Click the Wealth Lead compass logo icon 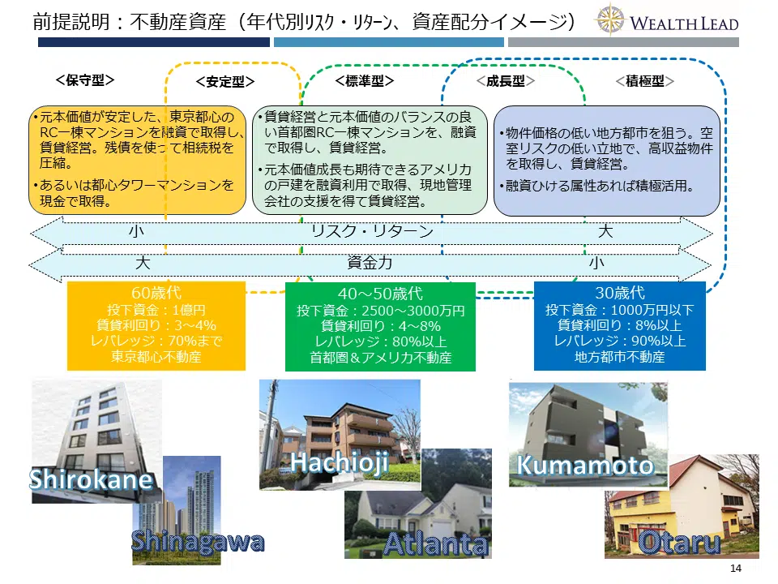click(609, 19)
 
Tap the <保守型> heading click(85, 80)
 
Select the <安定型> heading click(225, 81)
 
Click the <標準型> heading click(365, 80)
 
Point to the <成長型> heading click(505, 81)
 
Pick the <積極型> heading click(644, 81)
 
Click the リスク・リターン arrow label click(372, 231)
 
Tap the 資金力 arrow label click(370, 262)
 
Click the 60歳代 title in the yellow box click(156, 293)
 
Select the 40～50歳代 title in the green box click(380, 294)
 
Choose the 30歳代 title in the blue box click(620, 293)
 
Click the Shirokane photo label click(91, 479)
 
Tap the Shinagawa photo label click(198, 542)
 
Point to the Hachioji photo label click(340, 463)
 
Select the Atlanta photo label click(436, 544)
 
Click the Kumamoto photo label click(585, 466)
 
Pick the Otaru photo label click(679, 543)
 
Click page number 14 click(736, 568)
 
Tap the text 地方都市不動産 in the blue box click(620, 357)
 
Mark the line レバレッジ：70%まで click(156, 341)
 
